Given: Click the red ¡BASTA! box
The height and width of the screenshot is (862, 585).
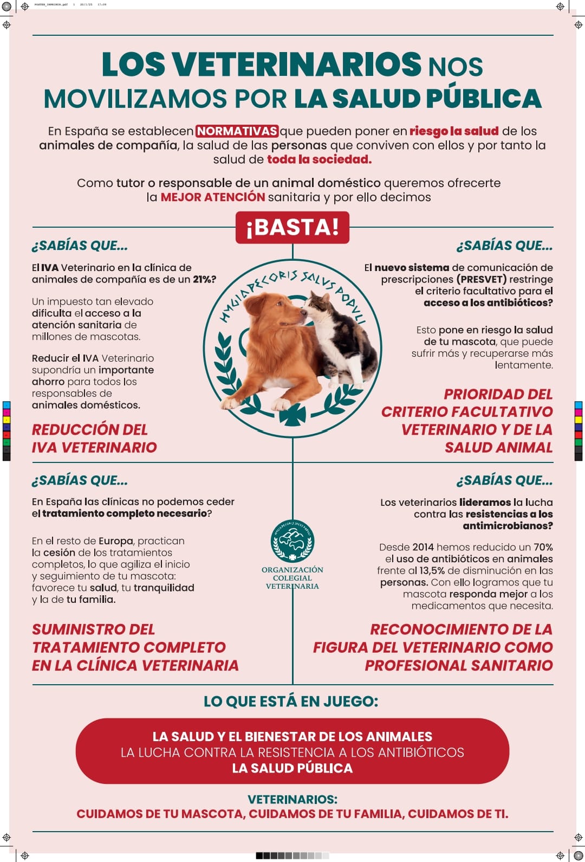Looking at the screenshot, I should click(x=292, y=227).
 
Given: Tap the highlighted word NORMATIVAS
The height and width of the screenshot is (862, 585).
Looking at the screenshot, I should click(x=237, y=131).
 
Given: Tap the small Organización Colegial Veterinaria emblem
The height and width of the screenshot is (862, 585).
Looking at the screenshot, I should click(x=292, y=541).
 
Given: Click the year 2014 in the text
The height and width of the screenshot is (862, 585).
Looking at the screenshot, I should click(x=423, y=547).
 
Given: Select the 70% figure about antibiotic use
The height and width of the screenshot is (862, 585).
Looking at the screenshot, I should click(x=543, y=547).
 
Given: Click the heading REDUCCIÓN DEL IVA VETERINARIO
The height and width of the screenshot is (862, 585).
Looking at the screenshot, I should click(x=94, y=438).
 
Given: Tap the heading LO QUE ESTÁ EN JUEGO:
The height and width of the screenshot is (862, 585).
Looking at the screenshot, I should click(x=291, y=702).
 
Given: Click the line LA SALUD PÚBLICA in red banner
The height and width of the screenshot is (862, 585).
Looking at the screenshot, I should click(x=292, y=768).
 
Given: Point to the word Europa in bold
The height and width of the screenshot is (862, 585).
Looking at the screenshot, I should click(x=116, y=541).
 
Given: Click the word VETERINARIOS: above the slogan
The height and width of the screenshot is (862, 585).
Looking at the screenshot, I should click(x=292, y=799).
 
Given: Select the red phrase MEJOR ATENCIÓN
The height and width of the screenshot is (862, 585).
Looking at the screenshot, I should click(x=212, y=197).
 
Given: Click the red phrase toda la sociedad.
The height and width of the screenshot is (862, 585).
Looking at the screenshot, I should click(x=319, y=159).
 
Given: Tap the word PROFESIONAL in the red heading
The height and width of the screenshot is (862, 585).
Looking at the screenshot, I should click(x=415, y=665).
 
